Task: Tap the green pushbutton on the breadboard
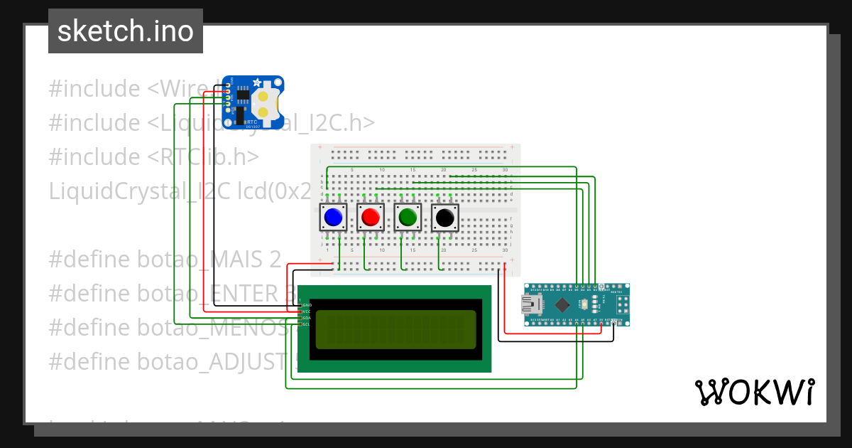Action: (x=407, y=217)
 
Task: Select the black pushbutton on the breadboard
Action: (x=444, y=217)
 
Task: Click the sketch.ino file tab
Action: (x=126, y=31)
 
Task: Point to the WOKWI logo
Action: (x=754, y=392)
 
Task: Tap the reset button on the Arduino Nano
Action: (x=583, y=305)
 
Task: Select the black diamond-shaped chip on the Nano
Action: (x=562, y=305)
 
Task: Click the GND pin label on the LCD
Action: (x=307, y=304)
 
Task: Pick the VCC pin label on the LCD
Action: (x=307, y=311)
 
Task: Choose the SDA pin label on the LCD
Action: (x=307, y=318)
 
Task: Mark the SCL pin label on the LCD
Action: (x=307, y=324)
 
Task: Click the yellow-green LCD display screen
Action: (x=395, y=329)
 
